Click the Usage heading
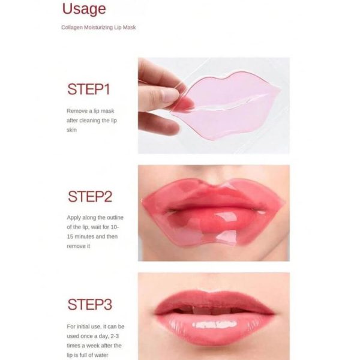[84, 10]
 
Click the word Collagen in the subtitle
[72, 28]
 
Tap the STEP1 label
[89, 89]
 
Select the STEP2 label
[90, 197]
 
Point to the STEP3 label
[90, 304]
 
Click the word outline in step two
[115, 217]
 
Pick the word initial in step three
[85, 326]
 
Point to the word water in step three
[101, 355]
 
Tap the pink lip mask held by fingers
[226, 106]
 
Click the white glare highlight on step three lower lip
[214, 325]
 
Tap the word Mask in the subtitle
[130, 28]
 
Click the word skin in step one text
[71, 130]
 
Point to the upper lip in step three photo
[214, 301]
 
